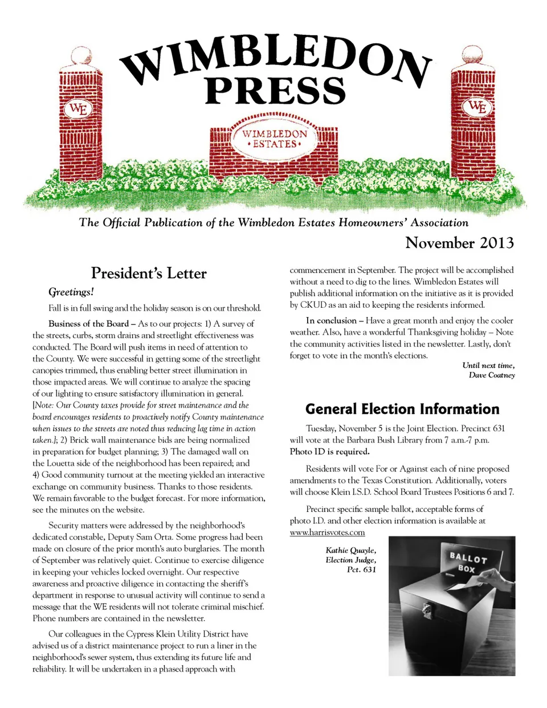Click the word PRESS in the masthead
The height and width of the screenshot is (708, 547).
point(275,91)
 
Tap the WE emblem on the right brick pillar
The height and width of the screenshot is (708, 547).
point(477,107)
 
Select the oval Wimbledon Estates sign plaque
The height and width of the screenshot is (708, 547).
point(275,139)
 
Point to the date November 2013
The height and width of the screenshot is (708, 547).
point(459,243)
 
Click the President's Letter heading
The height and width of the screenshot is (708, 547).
point(149,273)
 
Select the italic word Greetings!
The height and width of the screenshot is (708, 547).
point(71,292)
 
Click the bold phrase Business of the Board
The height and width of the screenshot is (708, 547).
point(88,324)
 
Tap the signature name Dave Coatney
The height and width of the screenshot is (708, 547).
point(492,375)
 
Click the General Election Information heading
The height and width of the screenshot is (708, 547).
point(402,409)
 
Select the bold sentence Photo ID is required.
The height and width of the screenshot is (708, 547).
point(329,451)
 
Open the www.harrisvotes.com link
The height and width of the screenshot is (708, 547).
point(327,532)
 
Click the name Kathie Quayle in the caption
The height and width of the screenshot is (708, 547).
point(350,550)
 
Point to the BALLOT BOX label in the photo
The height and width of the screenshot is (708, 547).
point(468,562)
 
